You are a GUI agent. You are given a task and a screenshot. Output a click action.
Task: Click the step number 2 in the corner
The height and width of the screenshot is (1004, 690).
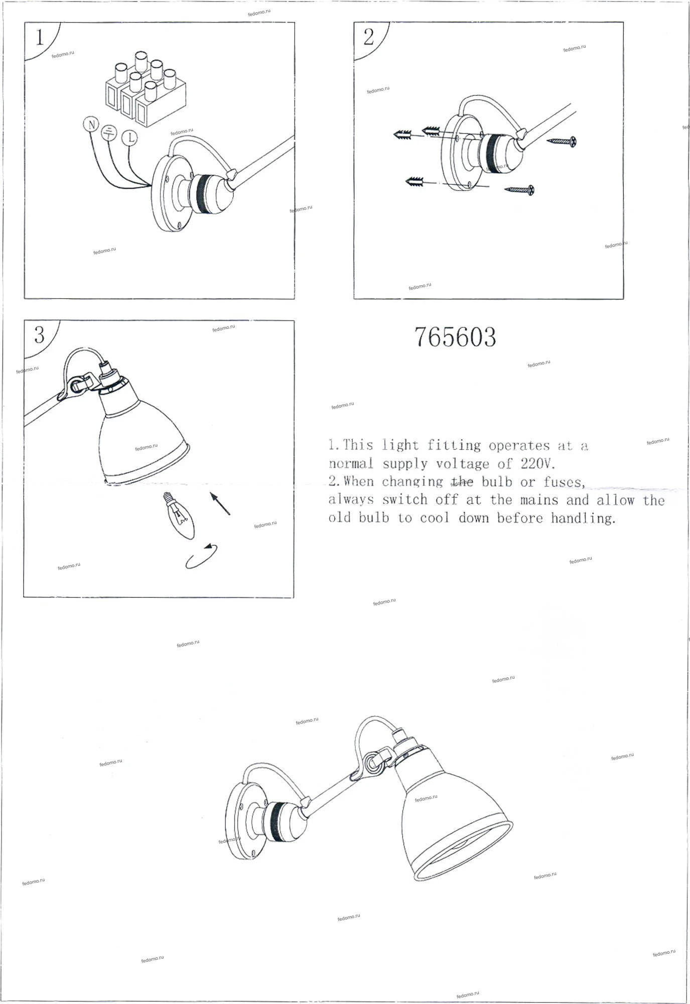click(x=369, y=37)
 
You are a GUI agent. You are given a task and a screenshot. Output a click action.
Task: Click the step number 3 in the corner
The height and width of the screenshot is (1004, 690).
click(x=40, y=335)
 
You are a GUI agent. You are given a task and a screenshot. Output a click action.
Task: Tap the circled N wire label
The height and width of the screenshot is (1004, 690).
click(x=91, y=124)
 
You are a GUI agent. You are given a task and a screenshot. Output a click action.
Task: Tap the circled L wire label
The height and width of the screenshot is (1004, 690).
click(x=130, y=138)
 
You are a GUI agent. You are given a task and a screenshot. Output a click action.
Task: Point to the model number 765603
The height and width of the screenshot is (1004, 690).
click(x=455, y=337)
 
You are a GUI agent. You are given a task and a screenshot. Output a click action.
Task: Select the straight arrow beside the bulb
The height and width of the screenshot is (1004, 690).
click(x=220, y=504)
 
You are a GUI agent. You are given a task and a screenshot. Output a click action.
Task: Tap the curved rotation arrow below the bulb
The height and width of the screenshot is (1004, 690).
click(x=202, y=556)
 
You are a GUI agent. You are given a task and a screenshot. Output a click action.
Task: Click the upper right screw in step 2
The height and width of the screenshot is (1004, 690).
click(x=561, y=142)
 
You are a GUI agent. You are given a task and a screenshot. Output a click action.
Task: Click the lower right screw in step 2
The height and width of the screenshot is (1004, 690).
click(x=519, y=190)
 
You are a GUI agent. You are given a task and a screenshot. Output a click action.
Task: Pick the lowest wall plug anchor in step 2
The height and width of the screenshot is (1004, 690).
click(x=415, y=181)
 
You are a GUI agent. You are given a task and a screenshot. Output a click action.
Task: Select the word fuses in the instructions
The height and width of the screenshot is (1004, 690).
click(x=564, y=482)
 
